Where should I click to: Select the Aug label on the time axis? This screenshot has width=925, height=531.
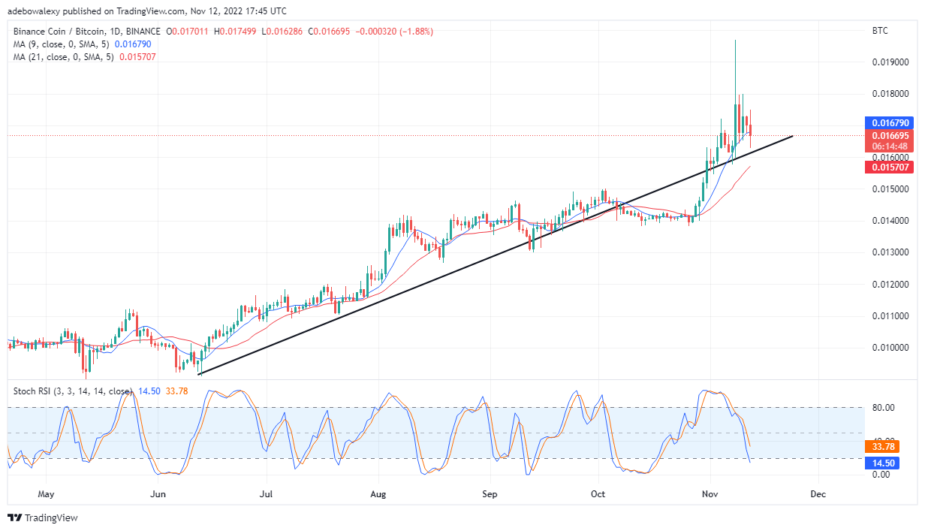coord(378,495)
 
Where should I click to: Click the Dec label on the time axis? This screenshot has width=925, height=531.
coord(818,495)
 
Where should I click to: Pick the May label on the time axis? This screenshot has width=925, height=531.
coord(47,495)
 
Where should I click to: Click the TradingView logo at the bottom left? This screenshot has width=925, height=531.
coord(43,518)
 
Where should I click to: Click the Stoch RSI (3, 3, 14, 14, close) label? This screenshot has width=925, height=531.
coord(71,391)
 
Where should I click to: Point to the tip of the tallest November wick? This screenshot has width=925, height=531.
coord(735,40)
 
